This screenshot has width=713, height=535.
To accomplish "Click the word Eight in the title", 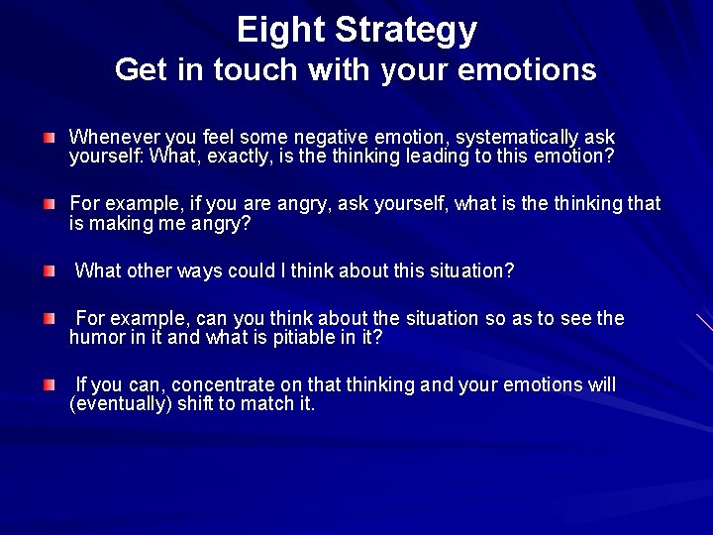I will (281, 30).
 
